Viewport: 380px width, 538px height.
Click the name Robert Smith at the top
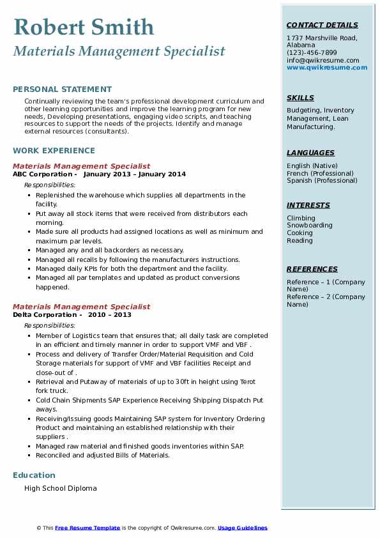click(83, 27)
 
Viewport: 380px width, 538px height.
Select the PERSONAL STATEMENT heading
click(62, 89)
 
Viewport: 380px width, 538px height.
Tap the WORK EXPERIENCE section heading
click(54, 151)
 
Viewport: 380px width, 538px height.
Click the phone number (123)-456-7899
click(312, 53)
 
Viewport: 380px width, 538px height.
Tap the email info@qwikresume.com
click(323, 60)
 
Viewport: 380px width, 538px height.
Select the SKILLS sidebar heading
click(300, 98)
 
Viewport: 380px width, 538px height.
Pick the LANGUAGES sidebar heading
click(310, 153)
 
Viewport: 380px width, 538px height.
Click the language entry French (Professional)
click(320, 173)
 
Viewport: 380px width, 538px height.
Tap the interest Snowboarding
click(309, 226)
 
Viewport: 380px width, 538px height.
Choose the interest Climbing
click(301, 218)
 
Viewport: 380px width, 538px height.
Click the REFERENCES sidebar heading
click(312, 269)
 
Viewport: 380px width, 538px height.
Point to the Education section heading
click(34, 475)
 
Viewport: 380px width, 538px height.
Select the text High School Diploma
click(61, 488)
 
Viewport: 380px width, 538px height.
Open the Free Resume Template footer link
click(87, 528)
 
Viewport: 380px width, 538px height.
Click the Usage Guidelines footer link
click(242, 528)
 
